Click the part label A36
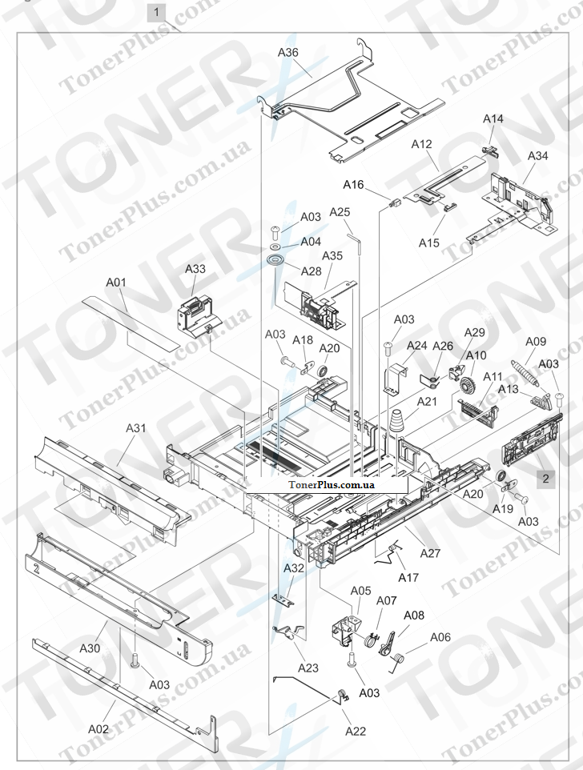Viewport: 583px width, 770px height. tap(288, 53)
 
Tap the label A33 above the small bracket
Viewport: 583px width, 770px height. tap(195, 270)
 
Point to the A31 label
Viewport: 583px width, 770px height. tap(135, 428)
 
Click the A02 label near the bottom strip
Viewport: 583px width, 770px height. tap(98, 728)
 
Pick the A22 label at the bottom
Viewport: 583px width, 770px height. tap(357, 731)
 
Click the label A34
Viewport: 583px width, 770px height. tap(537, 156)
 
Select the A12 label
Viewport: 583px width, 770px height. tap(422, 145)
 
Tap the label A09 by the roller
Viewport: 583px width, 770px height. tap(535, 342)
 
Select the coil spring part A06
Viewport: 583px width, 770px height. tap(400, 660)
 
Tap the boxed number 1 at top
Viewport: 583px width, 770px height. tap(157, 12)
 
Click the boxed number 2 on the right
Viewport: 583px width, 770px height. tap(545, 479)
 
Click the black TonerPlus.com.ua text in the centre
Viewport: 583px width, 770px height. tap(331, 486)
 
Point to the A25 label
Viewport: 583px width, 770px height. tap(340, 212)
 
